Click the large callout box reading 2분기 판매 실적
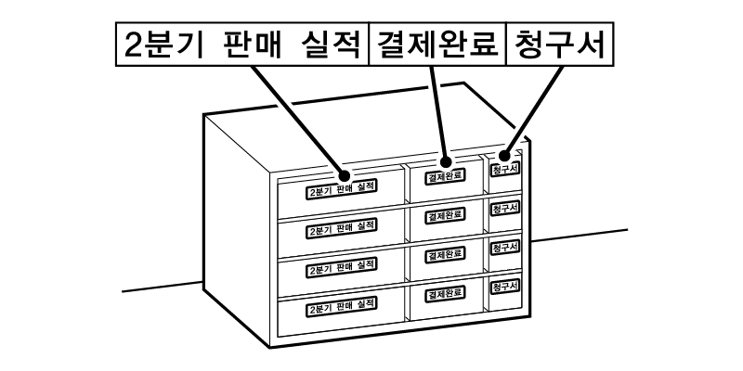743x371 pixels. tap(241, 45)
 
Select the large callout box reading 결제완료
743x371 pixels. tap(434, 45)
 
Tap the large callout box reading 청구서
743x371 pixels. tap(558, 45)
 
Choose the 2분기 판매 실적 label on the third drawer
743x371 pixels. tap(342, 266)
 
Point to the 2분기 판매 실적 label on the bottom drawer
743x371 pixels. tap(342, 305)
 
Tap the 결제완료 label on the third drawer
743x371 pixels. tap(444, 254)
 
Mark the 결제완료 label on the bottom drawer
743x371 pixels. tap(444, 294)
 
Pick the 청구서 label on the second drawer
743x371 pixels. tap(504, 208)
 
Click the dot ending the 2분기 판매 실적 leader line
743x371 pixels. tap(344, 173)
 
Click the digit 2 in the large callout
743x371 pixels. tap(132, 45)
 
